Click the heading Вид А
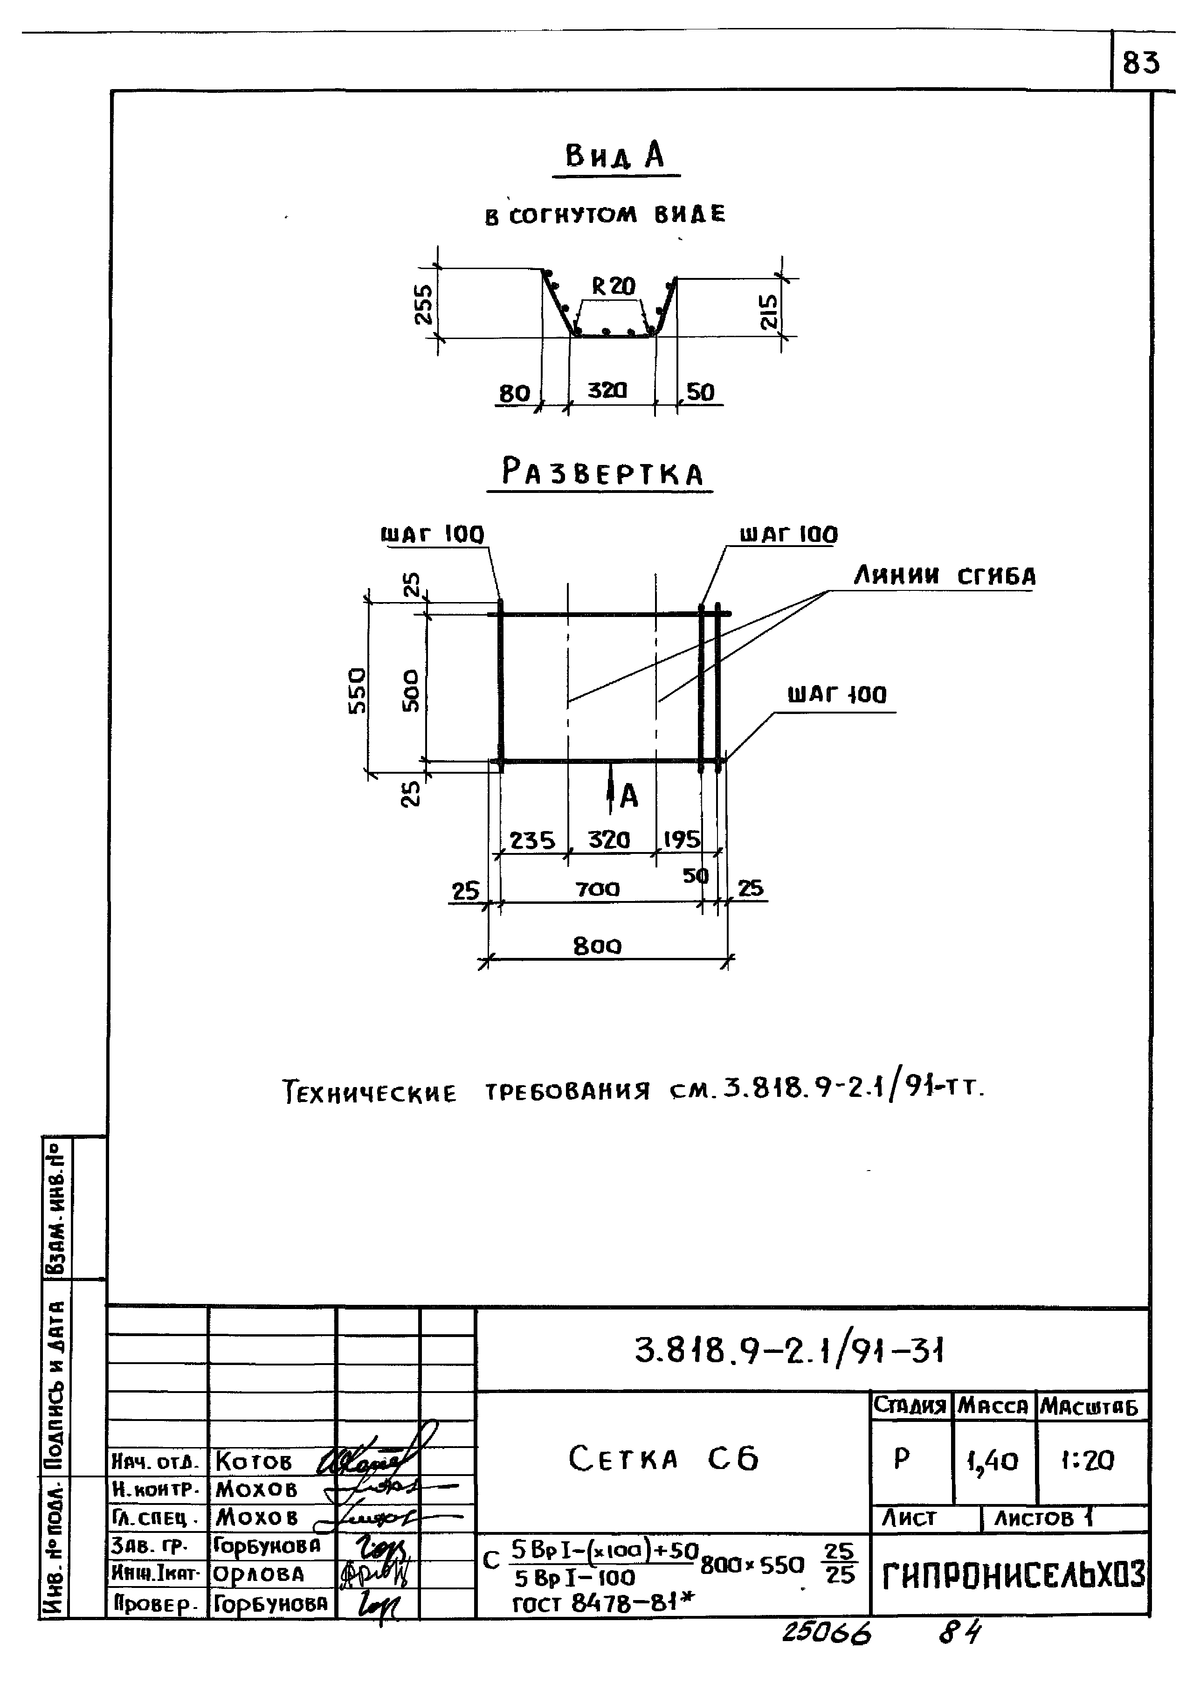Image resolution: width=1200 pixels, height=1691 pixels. [x=615, y=156]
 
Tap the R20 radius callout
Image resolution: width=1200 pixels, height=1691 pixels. [x=614, y=286]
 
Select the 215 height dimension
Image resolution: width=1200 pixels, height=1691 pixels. [x=768, y=312]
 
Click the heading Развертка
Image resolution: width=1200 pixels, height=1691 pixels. [x=602, y=473]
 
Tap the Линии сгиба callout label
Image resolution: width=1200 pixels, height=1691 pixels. [x=945, y=576]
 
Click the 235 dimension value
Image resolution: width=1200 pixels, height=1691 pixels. [x=532, y=840]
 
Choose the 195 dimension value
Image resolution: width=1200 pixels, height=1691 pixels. [x=681, y=839]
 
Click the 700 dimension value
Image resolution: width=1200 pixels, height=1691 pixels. [x=598, y=889]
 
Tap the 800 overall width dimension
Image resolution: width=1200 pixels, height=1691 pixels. [x=598, y=946]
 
